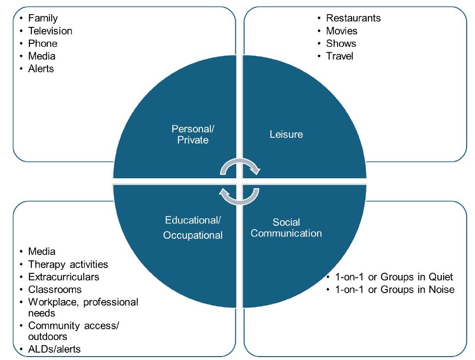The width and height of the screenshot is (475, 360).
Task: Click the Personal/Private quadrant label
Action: [x=193, y=134]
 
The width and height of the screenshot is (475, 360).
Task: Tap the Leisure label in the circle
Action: [x=286, y=134]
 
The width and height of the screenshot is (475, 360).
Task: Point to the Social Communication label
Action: [x=286, y=228]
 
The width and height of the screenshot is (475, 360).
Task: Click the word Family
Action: [x=43, y=18]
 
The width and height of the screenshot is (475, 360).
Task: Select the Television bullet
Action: [x=50, y=31]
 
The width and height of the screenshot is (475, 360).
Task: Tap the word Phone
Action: [x=43, y=43]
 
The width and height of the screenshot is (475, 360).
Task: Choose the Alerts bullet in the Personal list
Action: [x=41, y=69]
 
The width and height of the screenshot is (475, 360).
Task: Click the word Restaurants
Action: [x=353, y=18]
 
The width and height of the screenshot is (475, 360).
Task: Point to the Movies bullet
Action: [x=341, y=31]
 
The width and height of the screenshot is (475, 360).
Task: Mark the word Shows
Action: [x=341, y=43]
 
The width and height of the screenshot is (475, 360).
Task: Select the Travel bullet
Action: [x=339, y=56]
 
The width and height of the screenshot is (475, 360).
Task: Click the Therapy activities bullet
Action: [x=68, y=264]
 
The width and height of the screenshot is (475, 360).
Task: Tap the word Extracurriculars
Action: [x=64, y=277]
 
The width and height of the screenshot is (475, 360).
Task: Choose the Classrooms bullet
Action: [x=55, y=290]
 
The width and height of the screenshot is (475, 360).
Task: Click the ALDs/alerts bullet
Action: [x=54, y=349]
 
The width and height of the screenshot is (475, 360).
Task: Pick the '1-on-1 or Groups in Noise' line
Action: [x=394, y=290]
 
